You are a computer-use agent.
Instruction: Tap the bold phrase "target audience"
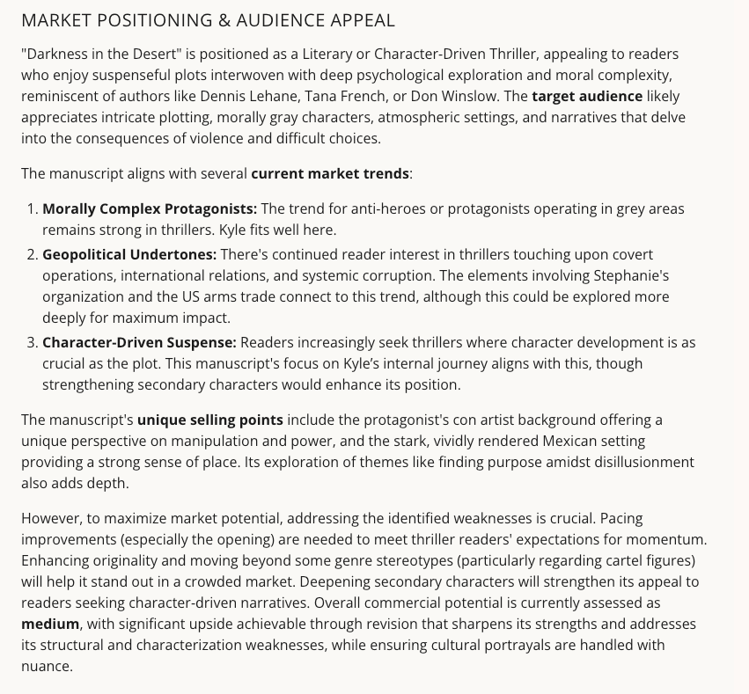click(x=587, y=96)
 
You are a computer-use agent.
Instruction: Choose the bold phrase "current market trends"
click(x=330, y=173)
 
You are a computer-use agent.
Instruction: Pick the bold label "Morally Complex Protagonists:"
click(x=150, y=208)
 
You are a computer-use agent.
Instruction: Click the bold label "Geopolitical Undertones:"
click(x=129, y=254)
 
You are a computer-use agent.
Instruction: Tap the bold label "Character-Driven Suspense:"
click(x=139, y=342)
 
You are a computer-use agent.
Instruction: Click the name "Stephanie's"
click(x=657, y=275)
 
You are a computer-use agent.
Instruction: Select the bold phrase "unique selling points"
click(x=209, y=420)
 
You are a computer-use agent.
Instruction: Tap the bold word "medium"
click(x=50, y=624)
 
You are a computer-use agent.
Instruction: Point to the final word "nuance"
click(x=47, y=666)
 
